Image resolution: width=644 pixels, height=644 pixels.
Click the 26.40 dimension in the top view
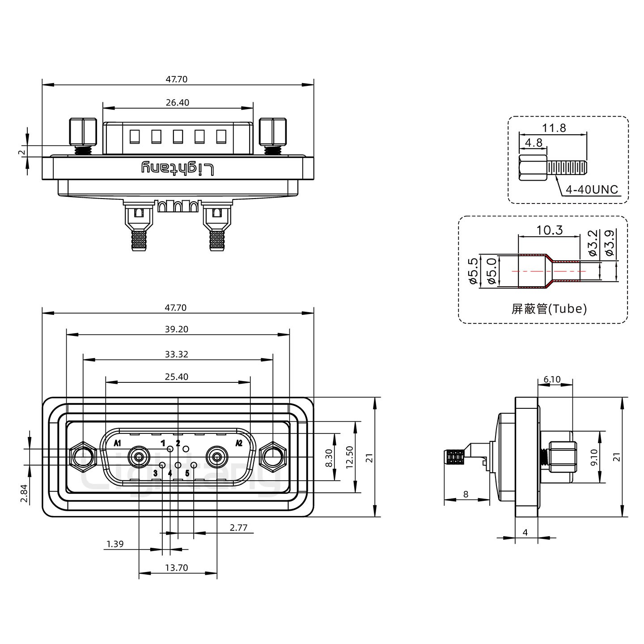177,102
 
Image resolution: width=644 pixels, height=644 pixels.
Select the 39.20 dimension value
177,329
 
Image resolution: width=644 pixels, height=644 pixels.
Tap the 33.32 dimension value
177,354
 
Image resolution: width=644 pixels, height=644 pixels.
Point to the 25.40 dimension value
177,377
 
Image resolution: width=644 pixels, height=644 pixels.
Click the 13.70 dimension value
177,568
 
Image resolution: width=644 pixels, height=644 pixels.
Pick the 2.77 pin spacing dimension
238,528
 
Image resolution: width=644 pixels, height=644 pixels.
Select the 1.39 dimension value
115,544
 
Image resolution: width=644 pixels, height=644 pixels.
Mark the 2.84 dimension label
25,493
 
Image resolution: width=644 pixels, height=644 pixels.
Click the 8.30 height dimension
329,459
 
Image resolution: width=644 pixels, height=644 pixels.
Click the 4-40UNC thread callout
592,190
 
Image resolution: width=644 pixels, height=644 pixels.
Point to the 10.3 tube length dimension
549,230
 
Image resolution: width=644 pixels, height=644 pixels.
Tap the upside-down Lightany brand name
178,169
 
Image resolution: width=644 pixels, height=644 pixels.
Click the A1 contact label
118,443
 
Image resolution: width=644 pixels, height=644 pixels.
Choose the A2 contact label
239,443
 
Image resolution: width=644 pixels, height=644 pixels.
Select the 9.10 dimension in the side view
594,458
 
